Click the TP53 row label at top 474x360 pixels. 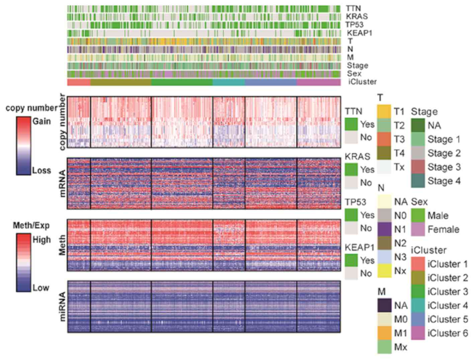tap(354, 25)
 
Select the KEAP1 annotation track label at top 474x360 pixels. tap(359, 33)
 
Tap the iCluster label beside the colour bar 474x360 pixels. tap(362, 82)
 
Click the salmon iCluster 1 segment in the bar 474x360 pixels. tap(79, 82)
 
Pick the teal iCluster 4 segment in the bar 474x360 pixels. tap(229, 82)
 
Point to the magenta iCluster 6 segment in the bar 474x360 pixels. tap(318, 82)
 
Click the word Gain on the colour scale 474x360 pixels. tap(42, 121)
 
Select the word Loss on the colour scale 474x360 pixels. tap(41, 170)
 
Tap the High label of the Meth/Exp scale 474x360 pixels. tap(42, 240)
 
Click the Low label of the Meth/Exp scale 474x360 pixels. tap(41, 288)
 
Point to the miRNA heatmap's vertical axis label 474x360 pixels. tap(62, 307)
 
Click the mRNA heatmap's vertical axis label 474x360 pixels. tap(62, 183)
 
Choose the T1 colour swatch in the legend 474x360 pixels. tap(384, 111)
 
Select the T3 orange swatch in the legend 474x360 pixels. tap(384, 139)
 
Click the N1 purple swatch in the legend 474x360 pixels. tap(384, 229)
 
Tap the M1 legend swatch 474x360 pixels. tap(384, 333)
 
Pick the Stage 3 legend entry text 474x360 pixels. tap(444, 167)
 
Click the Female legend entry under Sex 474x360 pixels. tap(443, 230)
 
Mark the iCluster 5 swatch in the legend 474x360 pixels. tap(418, 320)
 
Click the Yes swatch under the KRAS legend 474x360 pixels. tap(351, 169)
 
